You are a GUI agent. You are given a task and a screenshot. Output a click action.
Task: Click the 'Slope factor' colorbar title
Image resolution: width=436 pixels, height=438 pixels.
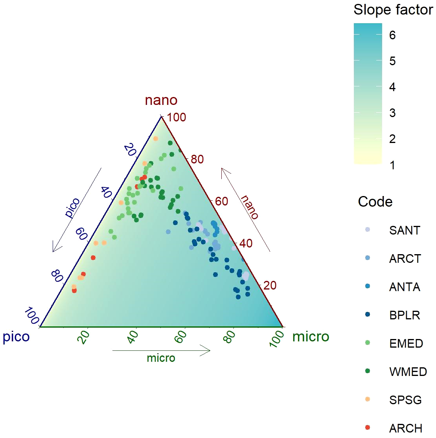coord(393,10)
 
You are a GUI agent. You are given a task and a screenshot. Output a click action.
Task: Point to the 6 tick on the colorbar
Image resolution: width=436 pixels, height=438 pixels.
coord(392,35)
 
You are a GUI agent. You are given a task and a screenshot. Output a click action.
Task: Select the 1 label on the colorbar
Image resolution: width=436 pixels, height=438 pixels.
coord(392,165)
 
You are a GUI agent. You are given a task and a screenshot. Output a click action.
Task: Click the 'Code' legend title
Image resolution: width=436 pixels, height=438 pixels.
coord(375,202)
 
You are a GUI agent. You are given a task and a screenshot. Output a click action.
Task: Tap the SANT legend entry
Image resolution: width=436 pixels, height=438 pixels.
coord(405,230)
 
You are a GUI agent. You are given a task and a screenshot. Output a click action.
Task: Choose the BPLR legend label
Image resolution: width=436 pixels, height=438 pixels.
coord(405,315)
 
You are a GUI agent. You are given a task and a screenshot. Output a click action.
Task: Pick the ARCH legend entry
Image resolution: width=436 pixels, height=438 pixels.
coord(405,428)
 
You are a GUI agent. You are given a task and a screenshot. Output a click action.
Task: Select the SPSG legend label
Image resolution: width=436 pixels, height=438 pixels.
coord(405,400)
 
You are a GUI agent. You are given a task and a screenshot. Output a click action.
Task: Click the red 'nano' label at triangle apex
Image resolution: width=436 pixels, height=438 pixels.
coord(161,100)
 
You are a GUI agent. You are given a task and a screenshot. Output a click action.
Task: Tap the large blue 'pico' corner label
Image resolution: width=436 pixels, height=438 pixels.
coord(16,337)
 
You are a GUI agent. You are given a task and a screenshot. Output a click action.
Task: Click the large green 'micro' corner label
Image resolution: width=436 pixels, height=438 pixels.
coord(311,337)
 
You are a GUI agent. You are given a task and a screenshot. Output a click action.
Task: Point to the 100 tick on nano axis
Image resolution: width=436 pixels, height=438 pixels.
coord(176,117)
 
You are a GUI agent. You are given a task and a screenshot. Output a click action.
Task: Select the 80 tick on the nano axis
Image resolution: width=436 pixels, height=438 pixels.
coord(197,159)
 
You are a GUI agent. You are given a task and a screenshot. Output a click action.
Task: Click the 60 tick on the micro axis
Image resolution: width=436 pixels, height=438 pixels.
coord(181,337)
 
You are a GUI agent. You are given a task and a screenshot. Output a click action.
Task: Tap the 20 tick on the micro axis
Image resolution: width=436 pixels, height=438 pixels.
coord(84,337)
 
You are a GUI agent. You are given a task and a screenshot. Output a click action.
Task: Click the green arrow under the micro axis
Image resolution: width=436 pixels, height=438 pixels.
coord(161,350)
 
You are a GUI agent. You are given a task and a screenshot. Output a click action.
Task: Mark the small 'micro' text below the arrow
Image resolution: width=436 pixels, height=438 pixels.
coord(161,358)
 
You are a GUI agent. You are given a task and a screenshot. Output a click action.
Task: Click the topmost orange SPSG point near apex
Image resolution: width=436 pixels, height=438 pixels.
coord(156,138)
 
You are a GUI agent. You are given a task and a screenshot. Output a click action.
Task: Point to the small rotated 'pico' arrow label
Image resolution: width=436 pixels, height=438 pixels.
coord(72,208)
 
